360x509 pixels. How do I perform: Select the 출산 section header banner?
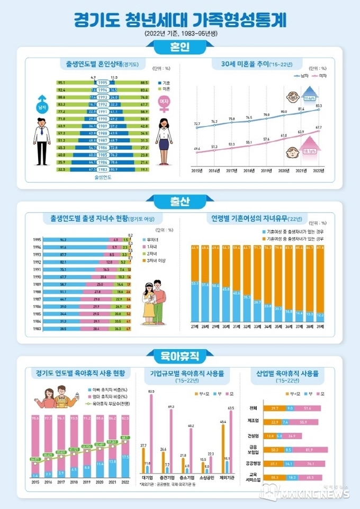(x=180, y=201)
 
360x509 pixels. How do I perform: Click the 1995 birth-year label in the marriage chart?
(x=103, y=83)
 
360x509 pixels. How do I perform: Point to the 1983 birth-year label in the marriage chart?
(x=103, y=169)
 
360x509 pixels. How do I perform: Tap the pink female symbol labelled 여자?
(x=164, y=102)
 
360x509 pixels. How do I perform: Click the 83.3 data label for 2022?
(x=318, y=105)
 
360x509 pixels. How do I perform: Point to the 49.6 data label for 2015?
(x=197, y=149)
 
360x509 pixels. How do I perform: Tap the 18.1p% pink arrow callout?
(x=310, y=151)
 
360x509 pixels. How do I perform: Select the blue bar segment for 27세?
(x=195, y=302)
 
